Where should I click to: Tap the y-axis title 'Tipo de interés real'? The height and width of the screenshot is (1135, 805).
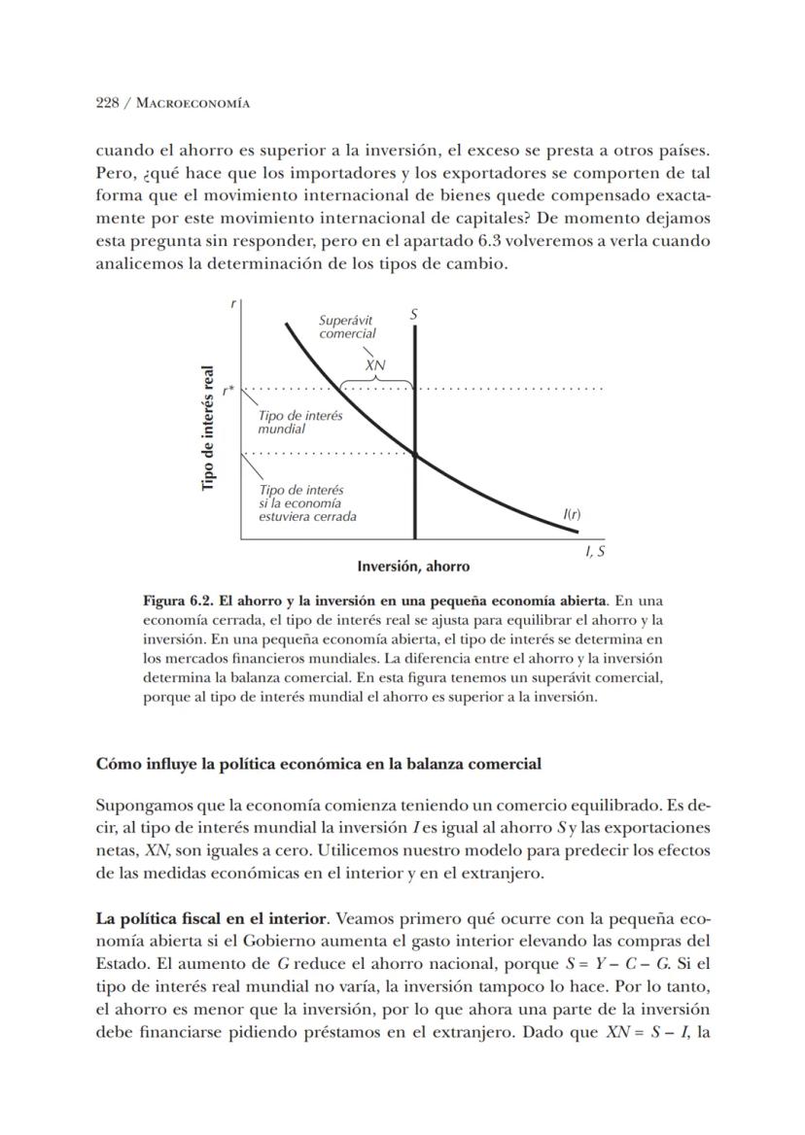click(207, 428)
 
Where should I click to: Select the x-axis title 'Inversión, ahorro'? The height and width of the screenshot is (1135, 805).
click(413, 566)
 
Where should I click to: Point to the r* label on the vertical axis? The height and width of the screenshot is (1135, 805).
click(227, 391)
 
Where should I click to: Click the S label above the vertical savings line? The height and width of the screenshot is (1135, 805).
click(414, 314)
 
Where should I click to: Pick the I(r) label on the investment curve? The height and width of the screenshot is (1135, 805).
click(572, 514)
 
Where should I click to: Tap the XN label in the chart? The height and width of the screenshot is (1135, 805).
click(375, 365)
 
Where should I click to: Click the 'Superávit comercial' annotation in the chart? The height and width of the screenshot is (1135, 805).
click(347, 327)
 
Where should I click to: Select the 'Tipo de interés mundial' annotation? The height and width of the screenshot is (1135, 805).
click(299, 422)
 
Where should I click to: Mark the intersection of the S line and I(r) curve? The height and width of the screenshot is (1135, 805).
click(415, 454)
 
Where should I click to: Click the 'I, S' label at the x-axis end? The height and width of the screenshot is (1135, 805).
click(595, 551)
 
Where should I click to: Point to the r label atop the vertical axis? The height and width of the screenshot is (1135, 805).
click(233, 303)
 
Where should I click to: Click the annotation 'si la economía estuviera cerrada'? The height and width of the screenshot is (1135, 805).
click(307, 509)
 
